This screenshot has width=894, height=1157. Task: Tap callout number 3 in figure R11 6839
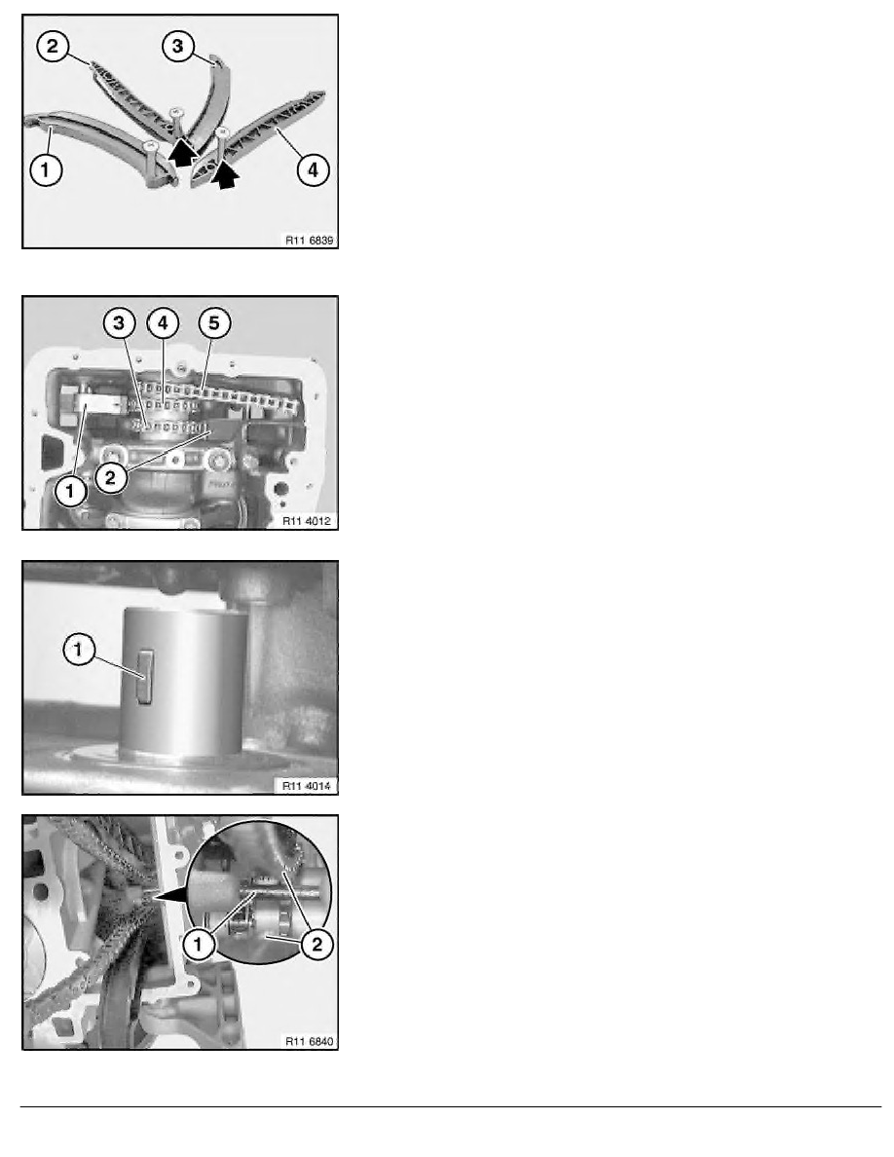178,47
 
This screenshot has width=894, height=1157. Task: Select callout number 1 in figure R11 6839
46,169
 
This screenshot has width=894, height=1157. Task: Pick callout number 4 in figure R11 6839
313,169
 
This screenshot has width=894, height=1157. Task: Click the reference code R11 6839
309,240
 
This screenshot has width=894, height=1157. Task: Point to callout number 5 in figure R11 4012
214,322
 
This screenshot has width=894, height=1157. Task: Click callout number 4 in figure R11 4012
163,322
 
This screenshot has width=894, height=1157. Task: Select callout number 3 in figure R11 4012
119,322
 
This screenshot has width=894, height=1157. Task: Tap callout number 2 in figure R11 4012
110,477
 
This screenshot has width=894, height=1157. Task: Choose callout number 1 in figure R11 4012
71,490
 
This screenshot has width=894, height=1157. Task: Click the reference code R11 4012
307,521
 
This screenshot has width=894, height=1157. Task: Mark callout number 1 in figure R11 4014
79,650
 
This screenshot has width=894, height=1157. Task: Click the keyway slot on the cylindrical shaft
145,677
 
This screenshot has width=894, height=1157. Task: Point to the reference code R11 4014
307,786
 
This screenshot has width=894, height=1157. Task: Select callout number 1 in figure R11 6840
198,944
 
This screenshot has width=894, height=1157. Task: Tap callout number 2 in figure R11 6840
317,944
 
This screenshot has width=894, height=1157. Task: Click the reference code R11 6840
309,1041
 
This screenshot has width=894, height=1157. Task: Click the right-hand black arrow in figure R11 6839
227,176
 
